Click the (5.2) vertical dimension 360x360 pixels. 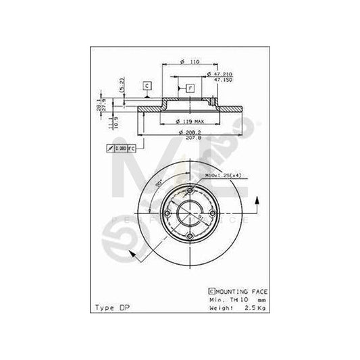[122, 86]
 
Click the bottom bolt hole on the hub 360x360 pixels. [190, 236]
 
